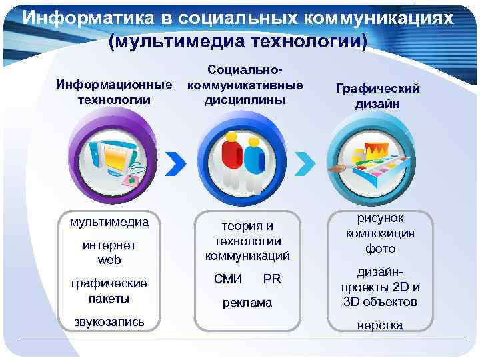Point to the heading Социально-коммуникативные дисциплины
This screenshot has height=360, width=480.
click(x=245, y=85)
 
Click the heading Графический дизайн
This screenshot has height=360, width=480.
click(x=377, y=96)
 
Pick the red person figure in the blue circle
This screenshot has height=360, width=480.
click(x=231, y=157)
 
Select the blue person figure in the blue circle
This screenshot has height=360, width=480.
click(x=254, y=160)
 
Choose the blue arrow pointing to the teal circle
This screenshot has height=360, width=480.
click(x=303, y=162)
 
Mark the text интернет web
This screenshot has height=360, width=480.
click(x=109, y=252)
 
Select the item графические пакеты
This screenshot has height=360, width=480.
click(x=109, y=291)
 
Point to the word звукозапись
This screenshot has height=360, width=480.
click(x=108, y=322)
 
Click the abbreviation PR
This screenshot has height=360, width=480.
click(x=272, y=279)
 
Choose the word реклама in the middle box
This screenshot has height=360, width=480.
click(x=247, y=303)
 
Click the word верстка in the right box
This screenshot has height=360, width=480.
click(x=380, y=325)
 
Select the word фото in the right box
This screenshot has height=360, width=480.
click(x=380, y=249)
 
